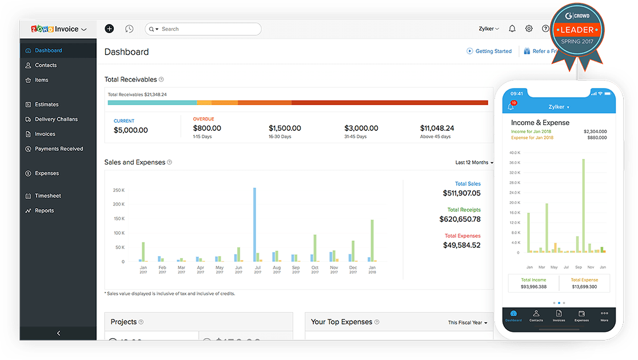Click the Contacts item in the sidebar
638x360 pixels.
(45, 65)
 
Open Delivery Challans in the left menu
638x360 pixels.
(56, 119)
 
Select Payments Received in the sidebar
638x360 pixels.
(59, 149)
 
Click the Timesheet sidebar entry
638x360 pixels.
(47, 196)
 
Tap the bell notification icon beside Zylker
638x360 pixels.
(512, 29)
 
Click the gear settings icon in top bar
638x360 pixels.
(529, 29)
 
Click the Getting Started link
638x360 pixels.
(493, 51)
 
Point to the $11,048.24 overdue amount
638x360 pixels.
(437, 128)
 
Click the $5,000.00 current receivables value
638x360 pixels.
(130, 130)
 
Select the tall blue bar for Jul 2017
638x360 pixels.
(254, 224)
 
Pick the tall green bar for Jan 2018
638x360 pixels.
(372, 240)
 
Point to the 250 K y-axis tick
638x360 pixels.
(119, 190)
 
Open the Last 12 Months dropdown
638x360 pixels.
(474, 163)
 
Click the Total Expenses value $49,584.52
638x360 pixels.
(461, 245)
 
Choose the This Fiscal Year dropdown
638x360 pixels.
(468, 323)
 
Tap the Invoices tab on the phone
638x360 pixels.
(559, 316)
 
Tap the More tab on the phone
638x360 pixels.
(604, 316)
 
